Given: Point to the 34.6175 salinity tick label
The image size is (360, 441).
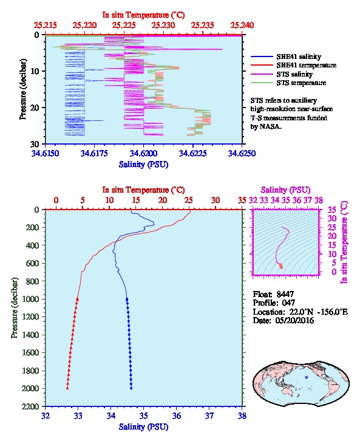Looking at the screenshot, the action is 94,153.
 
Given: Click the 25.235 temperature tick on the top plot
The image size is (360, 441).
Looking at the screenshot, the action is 202,26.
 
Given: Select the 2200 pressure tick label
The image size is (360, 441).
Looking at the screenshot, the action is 31,406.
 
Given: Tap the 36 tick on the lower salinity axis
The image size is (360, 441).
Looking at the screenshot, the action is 177,415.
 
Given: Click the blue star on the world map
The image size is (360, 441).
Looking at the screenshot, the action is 307,377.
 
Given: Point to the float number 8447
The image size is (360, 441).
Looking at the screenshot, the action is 285,294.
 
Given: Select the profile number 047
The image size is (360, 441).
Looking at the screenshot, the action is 288,303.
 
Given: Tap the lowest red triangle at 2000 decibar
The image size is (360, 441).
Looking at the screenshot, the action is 67,388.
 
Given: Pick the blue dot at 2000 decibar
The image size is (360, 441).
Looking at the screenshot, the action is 131,388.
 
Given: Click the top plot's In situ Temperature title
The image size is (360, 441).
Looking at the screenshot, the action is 143,15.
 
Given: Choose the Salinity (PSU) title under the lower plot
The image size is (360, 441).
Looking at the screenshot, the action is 143,426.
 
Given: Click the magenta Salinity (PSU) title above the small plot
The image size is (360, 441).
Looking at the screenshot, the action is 285,190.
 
